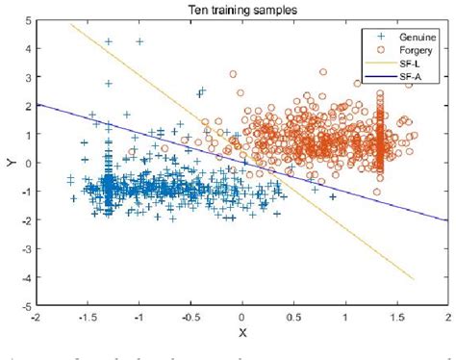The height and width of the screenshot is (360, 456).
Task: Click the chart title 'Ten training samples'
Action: (242, 9)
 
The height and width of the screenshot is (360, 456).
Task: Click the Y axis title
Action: (9, 162)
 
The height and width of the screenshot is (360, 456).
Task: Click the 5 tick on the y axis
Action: (27, 19)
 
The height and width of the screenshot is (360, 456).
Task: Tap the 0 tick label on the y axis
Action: (27, 163)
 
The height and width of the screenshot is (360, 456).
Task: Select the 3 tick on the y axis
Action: (27, 77)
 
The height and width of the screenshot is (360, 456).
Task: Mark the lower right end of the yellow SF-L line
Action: (413, 279)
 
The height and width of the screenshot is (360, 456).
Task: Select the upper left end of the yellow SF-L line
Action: (72, 24)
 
